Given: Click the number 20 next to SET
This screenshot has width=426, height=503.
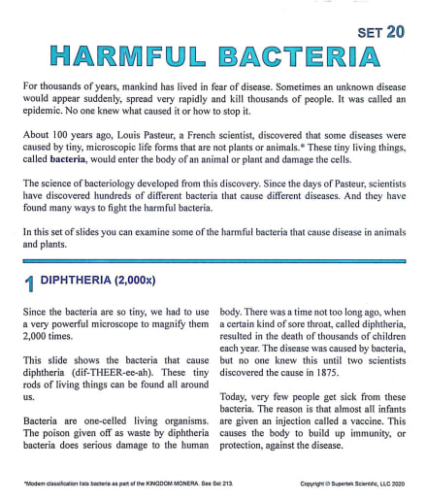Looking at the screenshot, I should pyautogui.click(x=395, y=31).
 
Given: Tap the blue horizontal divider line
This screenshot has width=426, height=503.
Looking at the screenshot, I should pyautogui.click(x=213, y=261).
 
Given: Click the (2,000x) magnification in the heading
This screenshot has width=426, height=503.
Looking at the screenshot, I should pyautogui.click(x=147, y=281).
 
